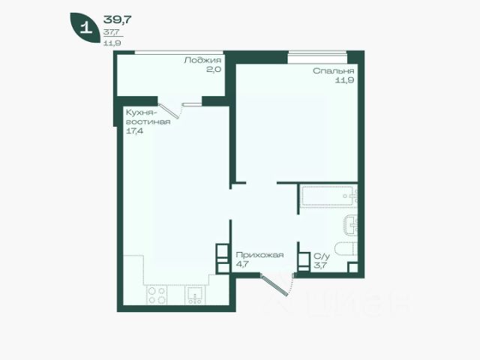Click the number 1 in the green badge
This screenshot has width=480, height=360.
[85, 28]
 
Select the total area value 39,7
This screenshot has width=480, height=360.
[118, 19]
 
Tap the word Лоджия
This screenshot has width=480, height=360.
[202, 60]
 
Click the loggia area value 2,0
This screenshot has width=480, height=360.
[213, 70]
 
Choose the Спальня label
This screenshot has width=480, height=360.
[333, 71]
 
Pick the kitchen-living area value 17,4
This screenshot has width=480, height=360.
[135, 131]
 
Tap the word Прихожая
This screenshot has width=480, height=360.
[259, 255]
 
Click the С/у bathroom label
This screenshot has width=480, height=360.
[322, 256]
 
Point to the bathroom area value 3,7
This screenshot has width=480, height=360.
[320, 265]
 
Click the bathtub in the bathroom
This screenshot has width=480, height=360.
[329, 196]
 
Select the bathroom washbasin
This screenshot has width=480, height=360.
[351, 226]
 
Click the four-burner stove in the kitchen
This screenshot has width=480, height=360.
[157, 295]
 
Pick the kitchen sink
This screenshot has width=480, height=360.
[194, 295]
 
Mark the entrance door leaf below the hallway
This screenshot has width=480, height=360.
[274, 285]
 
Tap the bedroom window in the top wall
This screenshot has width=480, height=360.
[317, 57]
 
